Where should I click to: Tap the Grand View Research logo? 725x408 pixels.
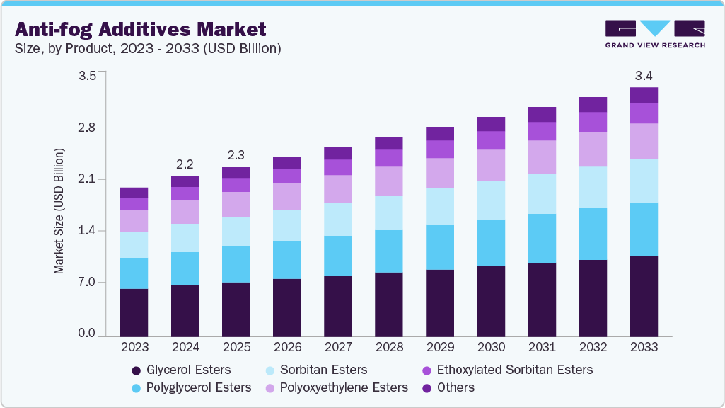655,33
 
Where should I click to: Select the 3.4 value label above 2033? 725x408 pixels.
644,75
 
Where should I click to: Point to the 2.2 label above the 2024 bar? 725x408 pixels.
185,164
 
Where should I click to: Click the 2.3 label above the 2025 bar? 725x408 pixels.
236,155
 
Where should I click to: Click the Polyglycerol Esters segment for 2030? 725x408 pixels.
491,243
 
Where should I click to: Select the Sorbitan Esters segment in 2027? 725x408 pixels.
337,219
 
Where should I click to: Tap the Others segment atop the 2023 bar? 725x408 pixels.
134,193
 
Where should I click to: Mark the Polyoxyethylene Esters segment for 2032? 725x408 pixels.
593,149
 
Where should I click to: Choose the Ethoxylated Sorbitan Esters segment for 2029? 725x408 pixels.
440,149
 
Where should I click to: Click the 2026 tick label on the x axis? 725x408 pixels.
286,348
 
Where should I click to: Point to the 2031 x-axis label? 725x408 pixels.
542,348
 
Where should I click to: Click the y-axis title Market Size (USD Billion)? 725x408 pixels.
59,211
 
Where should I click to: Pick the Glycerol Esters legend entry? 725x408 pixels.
187,370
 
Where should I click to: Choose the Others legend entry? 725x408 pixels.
456,387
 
